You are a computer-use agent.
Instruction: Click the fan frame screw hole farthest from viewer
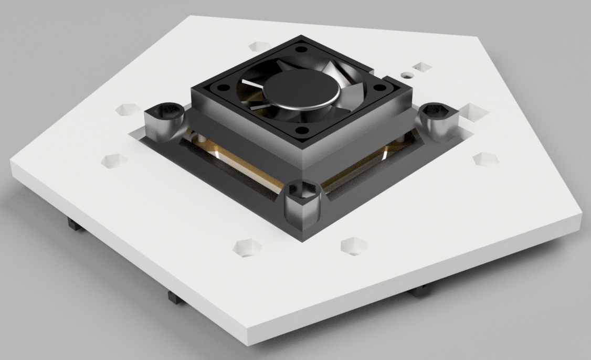(x=300, y=50)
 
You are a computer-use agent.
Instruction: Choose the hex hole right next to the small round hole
(x=421, y=67)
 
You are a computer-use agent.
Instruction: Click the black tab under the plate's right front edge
(x=423, y=290)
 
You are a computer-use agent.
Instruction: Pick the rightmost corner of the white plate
(x=583, y=215)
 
